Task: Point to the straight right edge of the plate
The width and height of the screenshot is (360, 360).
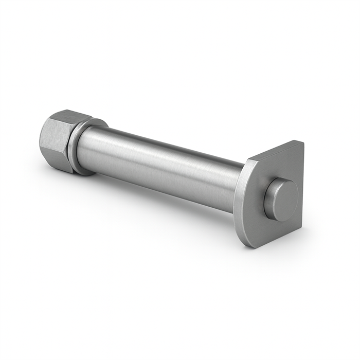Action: pos(302,185)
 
